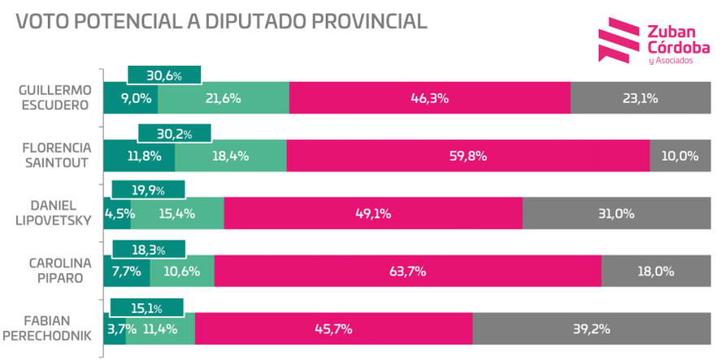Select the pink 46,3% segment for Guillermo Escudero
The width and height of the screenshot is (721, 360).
(429, 98)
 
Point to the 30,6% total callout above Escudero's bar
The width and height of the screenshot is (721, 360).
(164, 76)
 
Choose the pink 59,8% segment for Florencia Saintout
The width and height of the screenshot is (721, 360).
(467, 156)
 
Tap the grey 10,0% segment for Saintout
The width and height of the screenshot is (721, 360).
(680, 156)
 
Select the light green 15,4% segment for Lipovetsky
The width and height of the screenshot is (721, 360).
(176, 215)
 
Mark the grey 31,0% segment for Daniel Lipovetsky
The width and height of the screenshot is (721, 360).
(615, 215)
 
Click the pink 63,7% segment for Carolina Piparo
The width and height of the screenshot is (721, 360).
(407, 271)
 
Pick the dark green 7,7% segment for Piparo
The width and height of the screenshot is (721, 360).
(126, 271)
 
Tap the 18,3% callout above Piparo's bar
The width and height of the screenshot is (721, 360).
(148, 249)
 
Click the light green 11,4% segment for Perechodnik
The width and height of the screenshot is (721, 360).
(160, 329)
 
